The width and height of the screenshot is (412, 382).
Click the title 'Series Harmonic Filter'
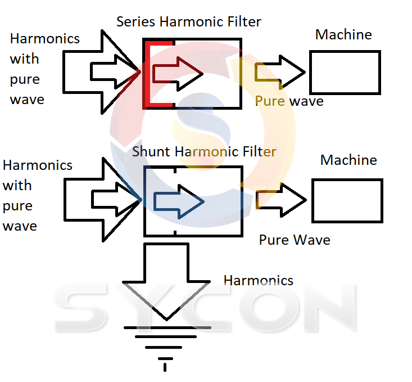click(188, 22)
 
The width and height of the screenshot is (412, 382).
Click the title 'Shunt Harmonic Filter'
click(204, 152)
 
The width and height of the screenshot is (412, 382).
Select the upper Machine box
click(345, 72)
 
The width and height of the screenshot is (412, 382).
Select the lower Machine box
click(347, 200)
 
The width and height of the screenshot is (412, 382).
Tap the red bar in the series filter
click(148, 73)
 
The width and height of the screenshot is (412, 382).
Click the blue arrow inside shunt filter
click(179, 201)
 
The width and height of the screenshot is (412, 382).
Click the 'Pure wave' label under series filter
click(289, 101)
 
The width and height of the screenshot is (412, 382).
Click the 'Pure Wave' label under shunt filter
click(294, 240)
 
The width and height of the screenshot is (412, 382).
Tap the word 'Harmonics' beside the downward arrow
click(258, 280)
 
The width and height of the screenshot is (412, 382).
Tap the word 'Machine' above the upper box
click(343, 34)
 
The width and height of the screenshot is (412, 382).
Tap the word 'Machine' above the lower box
click(348, 160)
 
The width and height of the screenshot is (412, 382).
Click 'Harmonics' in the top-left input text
click(45, 39)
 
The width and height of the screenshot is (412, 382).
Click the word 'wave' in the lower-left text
click(20, 226)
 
